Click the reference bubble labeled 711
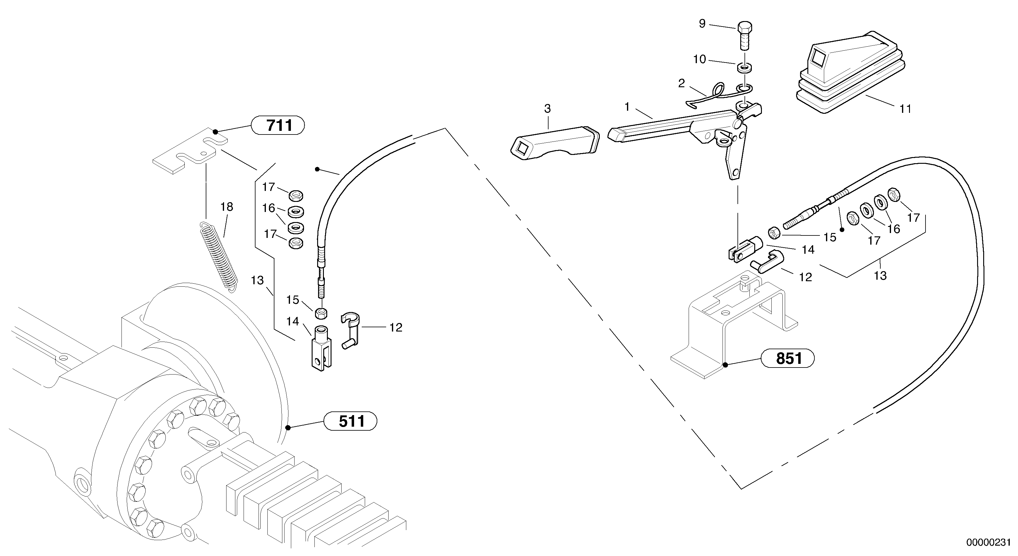[278, 126]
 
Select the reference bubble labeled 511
[350, 421]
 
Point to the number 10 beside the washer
[700, 59]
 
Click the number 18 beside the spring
[227, 206]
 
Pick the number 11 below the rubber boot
[905, 109]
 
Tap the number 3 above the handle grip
[547, 108]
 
